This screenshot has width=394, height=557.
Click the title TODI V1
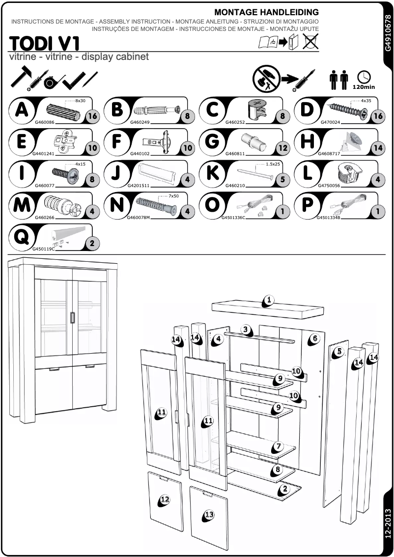(x=44, y=43)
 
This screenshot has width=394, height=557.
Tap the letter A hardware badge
(x=22, y=109)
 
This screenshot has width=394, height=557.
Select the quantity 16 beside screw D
(x=377, y=116)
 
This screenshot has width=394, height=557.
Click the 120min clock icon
(x=364, y=79)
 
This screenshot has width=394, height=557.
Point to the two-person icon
(x=338, y=80)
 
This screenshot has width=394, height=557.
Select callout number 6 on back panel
(x=315, y=338)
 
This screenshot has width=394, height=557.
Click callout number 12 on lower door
(x=165, y=500)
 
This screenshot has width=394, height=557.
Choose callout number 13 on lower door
(x=209, y=515)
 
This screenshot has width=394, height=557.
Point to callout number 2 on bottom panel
(x=285, y=489)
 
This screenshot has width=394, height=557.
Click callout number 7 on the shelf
(x=279, y=446)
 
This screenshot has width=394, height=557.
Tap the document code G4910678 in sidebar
(x=388, y=32)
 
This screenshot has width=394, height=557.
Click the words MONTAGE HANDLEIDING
(x=266, y=12)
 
